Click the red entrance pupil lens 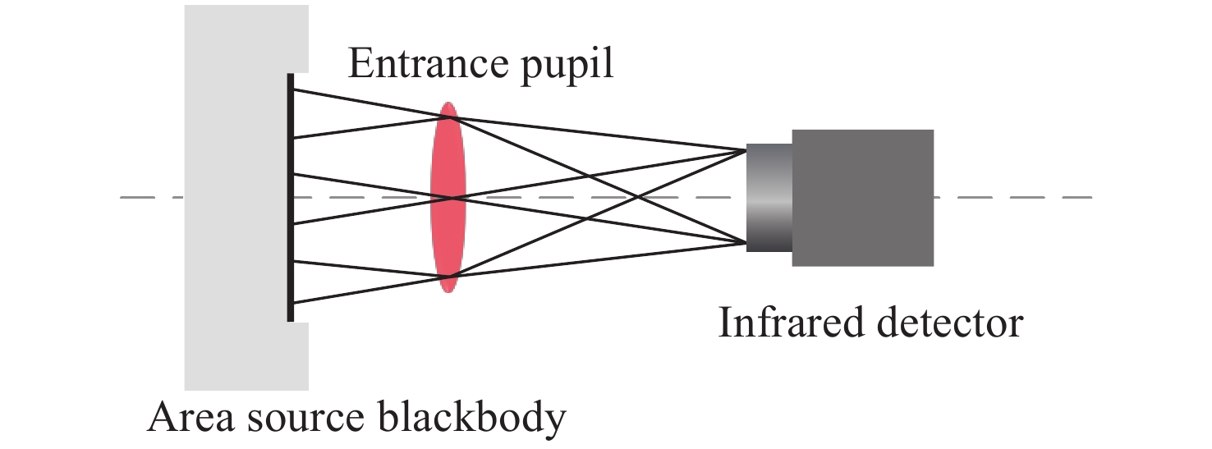coord(448,197)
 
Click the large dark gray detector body coord(862,197)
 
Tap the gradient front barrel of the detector coord(769,197)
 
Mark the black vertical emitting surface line coord(290,197)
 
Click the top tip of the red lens coord(448,103)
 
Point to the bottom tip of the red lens coord(448,291)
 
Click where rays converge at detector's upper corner coord(746,149)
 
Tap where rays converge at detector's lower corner coord(746,242)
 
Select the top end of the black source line coord(290,75)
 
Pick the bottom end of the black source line coord(290,320)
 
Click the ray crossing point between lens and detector coord(638,196)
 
